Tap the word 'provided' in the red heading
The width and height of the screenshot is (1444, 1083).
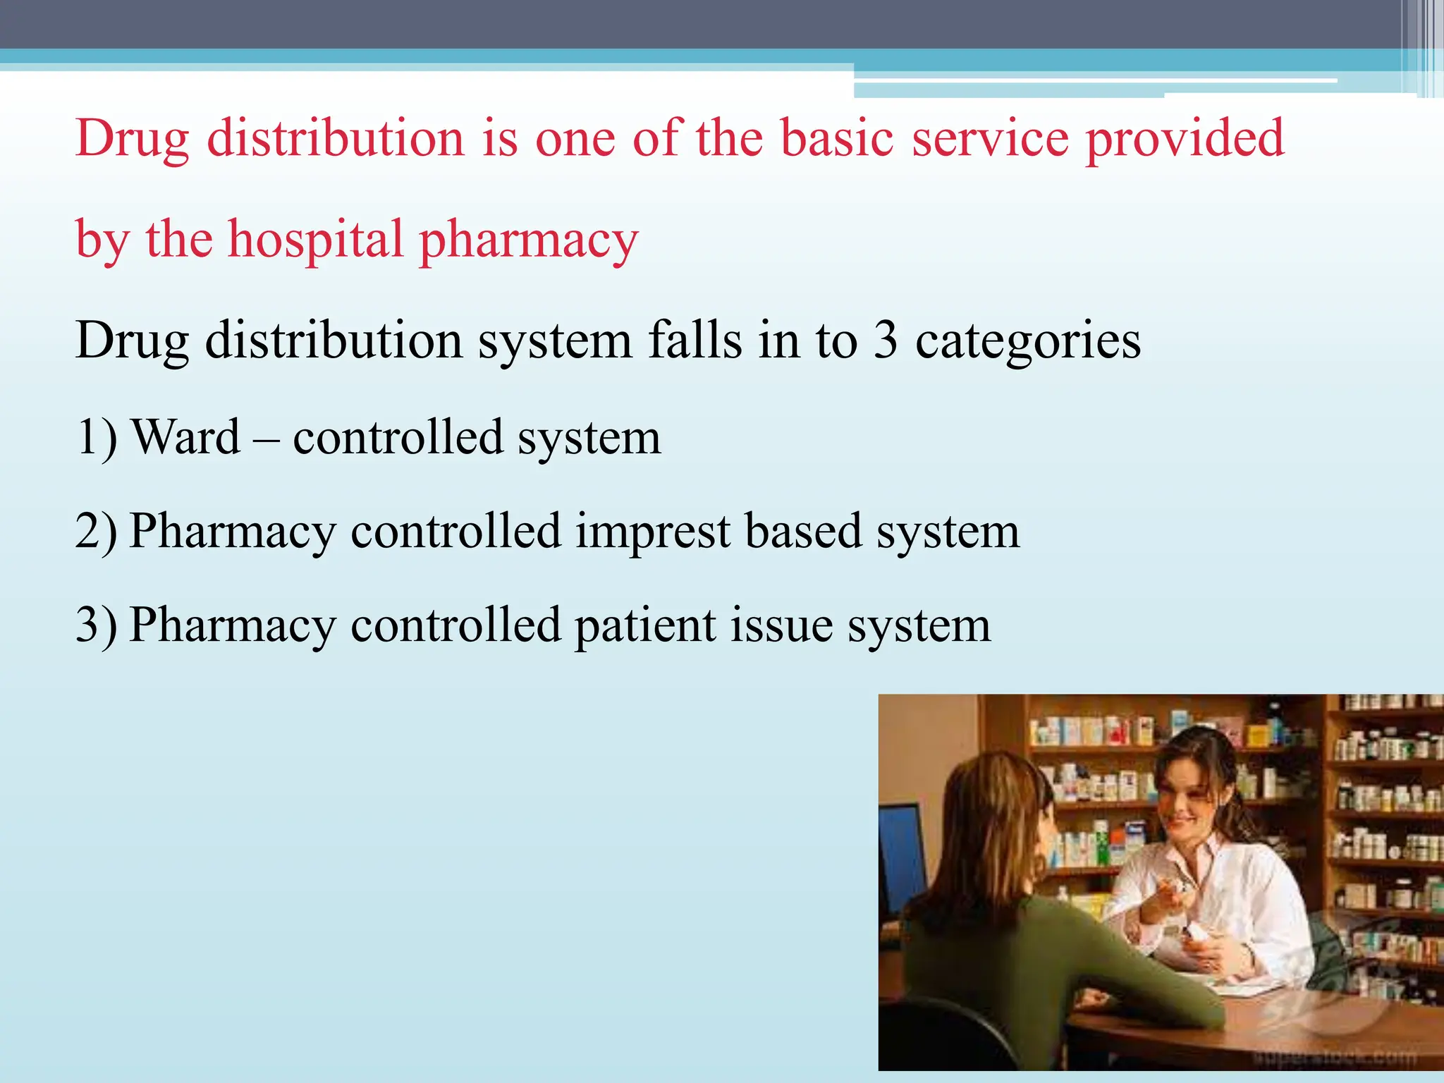click(x=1185, y=138)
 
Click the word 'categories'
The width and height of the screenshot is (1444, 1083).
click(x=1028, y=341)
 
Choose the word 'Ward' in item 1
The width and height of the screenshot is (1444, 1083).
click(x=187, y=437)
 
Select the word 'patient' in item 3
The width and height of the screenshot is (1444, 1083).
click(x=644, y=625)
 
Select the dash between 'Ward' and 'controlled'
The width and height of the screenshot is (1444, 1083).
click(x=266, y=439)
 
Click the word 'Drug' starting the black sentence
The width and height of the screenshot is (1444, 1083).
click(x=132, y=341)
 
